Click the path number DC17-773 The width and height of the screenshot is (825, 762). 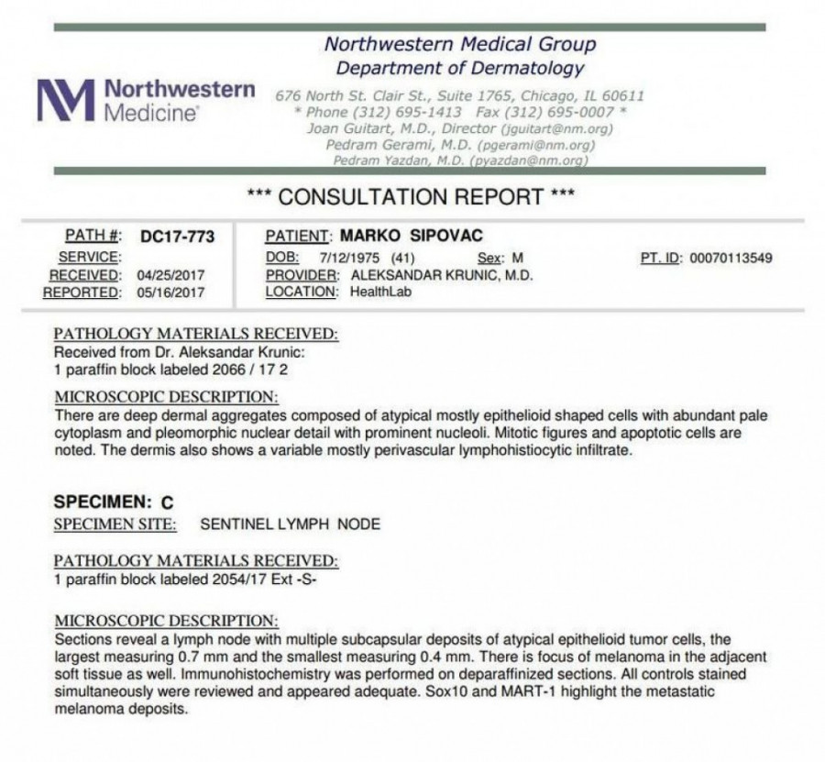177,237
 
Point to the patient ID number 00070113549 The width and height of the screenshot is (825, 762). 730,258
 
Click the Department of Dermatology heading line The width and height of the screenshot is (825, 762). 459,68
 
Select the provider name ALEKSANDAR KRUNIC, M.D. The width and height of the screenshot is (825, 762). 438,275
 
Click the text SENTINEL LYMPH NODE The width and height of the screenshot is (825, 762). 290,525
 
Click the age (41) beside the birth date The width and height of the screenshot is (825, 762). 403,258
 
